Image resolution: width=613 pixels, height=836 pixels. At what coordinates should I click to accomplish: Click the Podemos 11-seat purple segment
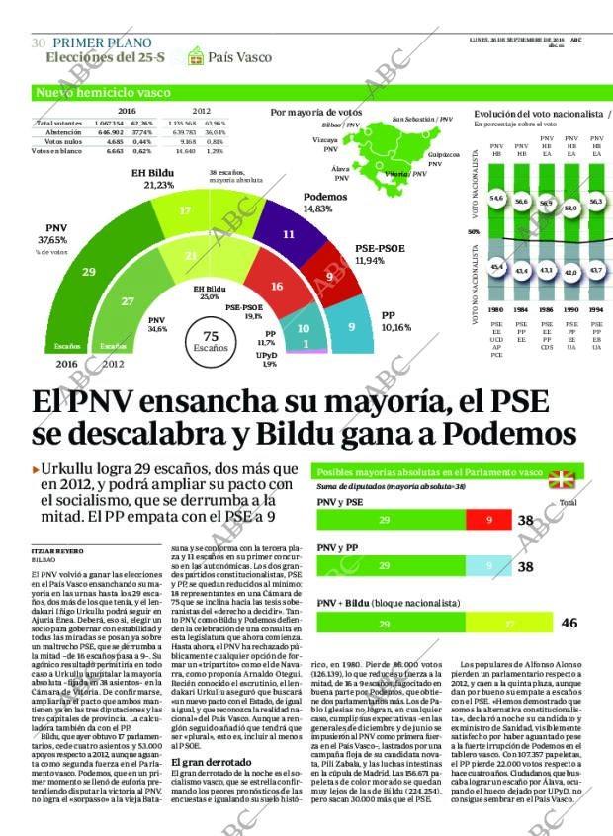[x=288, y=235]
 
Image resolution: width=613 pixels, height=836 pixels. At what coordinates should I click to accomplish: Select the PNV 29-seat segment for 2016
[x=88, y=271]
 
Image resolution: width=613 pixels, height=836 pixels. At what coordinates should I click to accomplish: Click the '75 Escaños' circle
[x=210, y=340]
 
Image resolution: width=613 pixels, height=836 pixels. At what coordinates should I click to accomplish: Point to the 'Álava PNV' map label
[x=341, y=174]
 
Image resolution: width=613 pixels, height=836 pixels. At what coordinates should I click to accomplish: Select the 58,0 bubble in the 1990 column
[x=570, y=209]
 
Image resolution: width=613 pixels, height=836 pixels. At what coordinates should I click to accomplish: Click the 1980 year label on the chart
[x=496, y=309]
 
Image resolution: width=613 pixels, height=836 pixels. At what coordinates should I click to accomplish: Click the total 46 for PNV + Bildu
[x=569, y=624]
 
